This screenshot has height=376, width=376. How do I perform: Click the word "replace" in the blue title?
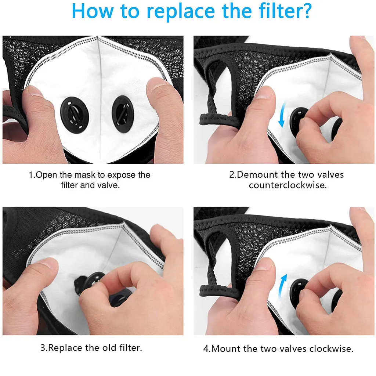(181, 12)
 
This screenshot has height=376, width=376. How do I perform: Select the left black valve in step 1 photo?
(75, 115)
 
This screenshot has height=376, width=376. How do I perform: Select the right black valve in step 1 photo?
(123, 114)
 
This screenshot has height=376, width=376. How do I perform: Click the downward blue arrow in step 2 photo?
(283, 114)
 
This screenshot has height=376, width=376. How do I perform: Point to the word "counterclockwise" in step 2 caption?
(288, 185)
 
